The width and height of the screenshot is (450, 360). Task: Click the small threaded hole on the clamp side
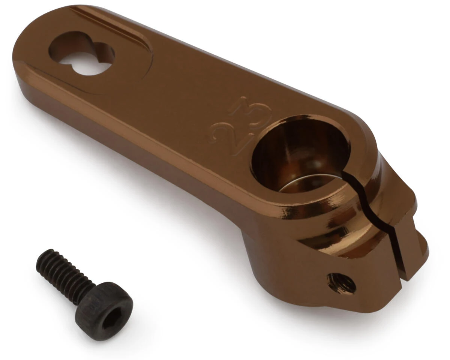click(x=341, y=283)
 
